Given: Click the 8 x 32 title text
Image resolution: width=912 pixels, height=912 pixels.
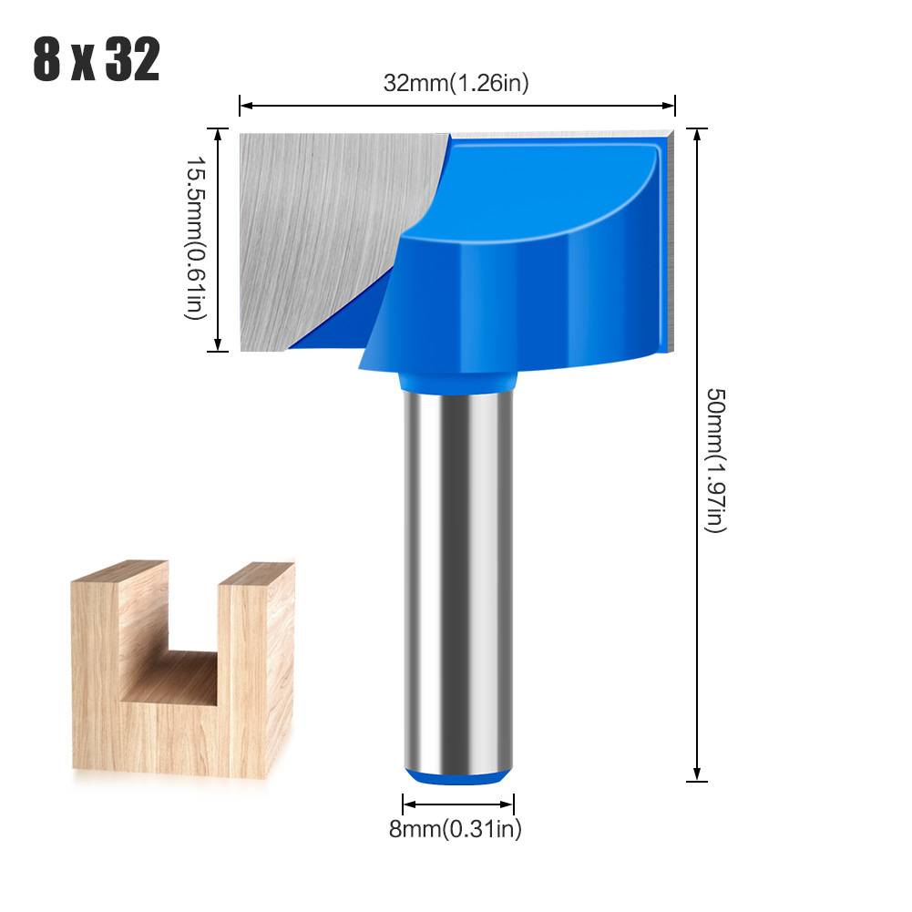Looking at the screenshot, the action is pyautogui.click(x=96, y=59).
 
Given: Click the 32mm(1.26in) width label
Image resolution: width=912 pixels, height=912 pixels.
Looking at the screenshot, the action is pyautogui.click(x=456, y=83).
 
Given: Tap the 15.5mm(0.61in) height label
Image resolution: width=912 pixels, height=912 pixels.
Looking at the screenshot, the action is pyautogui.click(x=195, y=238).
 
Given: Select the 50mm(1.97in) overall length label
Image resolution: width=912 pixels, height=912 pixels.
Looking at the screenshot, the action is pyautogui.click(x=715, y=460).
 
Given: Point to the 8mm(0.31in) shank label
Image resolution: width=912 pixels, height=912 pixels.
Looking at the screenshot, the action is pyautogui.click(x=456, y=828).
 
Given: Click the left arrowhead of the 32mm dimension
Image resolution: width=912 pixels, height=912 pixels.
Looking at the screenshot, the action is pyautogui.click(x=245, y=106).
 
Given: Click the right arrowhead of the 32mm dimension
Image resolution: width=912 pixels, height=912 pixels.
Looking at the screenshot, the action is pyautogui.click(x=669, y=106).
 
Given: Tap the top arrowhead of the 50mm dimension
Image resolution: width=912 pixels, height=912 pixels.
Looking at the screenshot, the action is pyautogui.click(x=697, y=135).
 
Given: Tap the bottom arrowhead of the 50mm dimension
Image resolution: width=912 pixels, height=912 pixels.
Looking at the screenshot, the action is pyautogui.click(x=697, y=774).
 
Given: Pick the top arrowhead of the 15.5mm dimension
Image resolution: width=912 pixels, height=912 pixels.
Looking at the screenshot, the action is pyautogui.click(x=218, y=135).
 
